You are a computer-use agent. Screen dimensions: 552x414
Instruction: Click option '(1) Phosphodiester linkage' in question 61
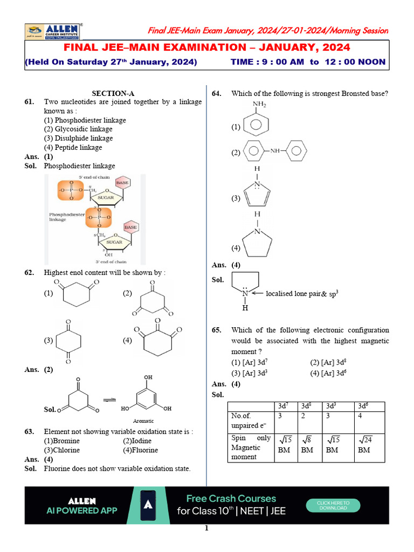85,120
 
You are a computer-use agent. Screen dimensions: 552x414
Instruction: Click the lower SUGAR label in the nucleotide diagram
114,243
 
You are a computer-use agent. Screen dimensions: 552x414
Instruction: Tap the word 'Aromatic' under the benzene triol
143,420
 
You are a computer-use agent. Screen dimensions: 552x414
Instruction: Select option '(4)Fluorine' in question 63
140,450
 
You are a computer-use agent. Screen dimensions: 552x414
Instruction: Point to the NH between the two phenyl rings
275,151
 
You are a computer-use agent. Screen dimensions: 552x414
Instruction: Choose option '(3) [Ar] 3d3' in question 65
251,373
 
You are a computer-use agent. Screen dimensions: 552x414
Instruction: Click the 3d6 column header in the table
363,406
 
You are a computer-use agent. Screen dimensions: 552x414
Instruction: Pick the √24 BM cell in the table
364,445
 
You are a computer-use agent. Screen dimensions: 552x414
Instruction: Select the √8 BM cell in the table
307,445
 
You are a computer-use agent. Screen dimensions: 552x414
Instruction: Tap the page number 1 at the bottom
206,528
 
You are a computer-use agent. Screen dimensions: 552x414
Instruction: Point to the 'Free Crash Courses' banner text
231,499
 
